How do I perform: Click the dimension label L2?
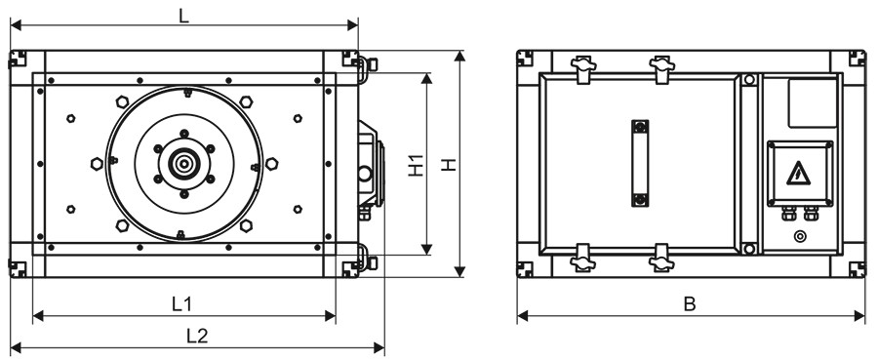[196, 336]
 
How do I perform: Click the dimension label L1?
[181, 304]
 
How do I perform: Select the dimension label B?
[690, 304]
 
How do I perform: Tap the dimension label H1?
[416, 165]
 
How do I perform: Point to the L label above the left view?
[183, 17]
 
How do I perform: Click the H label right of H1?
[449, 165]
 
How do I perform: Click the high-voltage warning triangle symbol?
[798, 174]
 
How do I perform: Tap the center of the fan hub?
[183, 164]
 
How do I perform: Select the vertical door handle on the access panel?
[640, 163]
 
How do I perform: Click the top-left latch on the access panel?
[583, 67]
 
